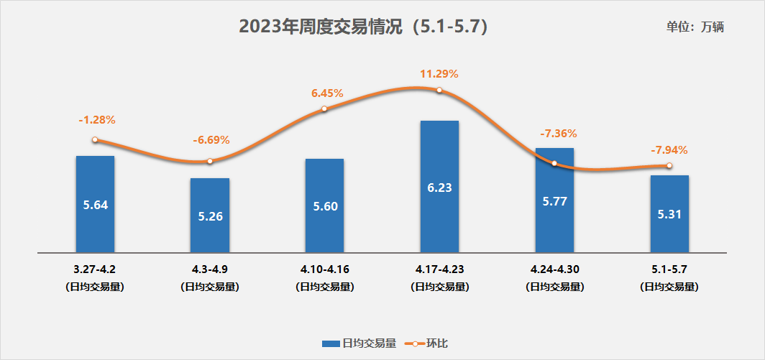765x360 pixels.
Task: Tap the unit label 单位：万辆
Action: pyautogui.click(x=695, y=27)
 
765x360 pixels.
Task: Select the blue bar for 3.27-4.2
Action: pyautogui.click(x=95, y=204)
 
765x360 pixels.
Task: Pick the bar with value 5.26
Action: pyautogui.click(x=210, y=216)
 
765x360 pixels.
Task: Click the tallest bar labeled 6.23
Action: pyautogui.click(x=439, y=187)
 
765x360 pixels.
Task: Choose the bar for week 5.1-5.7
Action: pyautogui.click(x=669, y=214)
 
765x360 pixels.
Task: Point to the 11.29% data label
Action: pyautogui.click(x=439, y=73)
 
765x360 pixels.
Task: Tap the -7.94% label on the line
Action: pyautogui.click(x=669, y=150)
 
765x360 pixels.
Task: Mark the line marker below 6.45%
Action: pyautogui.click(x=324, y=109)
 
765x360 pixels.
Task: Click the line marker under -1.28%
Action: pyautogui.click(x=95, y=140)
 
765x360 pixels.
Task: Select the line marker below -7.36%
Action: pyautogui.click(x=554, y=164)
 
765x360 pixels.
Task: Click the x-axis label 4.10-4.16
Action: pyautogui.click(x=324, y=270)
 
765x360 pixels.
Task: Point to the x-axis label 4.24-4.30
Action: pyautogui.click(x=554, y=270)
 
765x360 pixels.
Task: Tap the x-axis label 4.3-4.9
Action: pyautogui.click(x=210, y=270)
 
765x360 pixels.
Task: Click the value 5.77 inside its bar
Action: pyautogui.click(x=554, y=201)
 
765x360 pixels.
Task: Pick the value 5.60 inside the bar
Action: pyautogui.click(x=324, y=206)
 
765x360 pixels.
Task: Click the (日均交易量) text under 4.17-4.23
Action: pyautogui.click(x=439, y=287)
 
